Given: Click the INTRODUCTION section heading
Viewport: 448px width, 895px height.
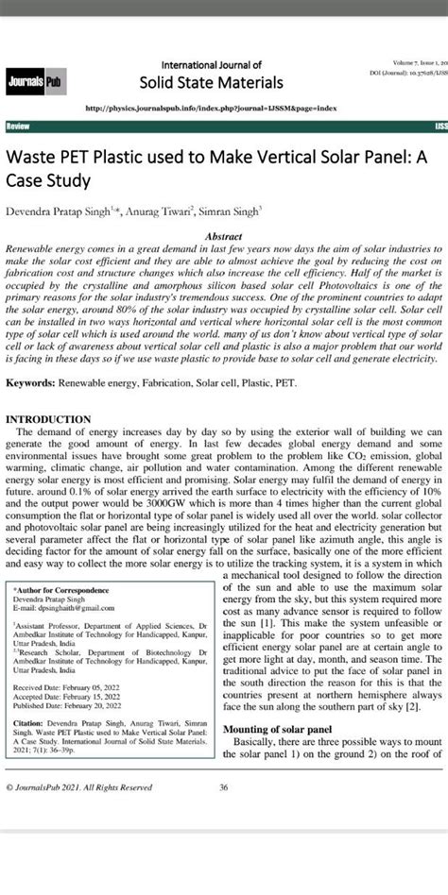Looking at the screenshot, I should [48, 419].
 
